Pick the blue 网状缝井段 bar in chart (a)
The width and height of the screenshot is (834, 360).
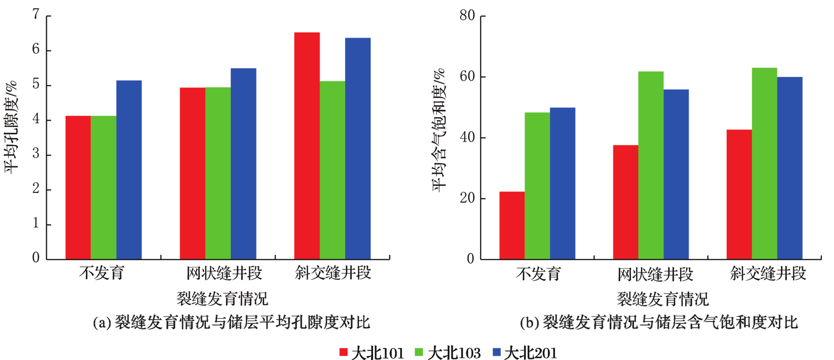click(243, 164)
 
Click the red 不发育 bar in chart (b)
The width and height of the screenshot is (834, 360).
click(512, 226)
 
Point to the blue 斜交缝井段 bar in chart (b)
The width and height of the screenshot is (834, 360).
click(789, 168)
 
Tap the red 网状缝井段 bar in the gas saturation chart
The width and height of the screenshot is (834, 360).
click(625, 202)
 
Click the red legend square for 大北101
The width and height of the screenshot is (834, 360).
click(343, 352)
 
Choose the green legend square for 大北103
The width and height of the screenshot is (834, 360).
click(419, 352)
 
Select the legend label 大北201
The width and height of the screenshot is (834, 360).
click(530, 353)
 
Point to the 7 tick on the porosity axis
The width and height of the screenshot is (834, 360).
click(36, 15)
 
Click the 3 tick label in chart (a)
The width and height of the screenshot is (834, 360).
click(36, 154)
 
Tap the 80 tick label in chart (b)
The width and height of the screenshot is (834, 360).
click(467, 16)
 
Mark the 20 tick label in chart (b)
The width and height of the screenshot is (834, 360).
click(467, 198)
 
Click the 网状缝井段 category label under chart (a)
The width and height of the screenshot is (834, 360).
click(224, 273)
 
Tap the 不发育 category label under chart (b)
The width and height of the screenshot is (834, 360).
click(538, 274)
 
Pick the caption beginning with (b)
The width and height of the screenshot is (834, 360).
click(659, 323)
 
